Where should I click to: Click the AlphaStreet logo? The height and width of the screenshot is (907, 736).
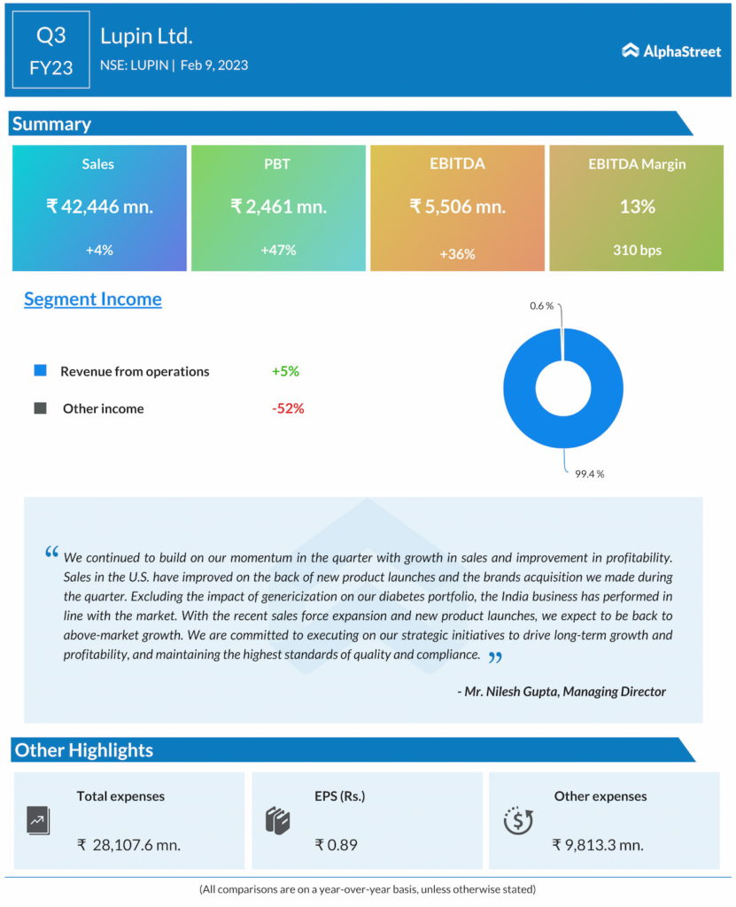pos(670,50)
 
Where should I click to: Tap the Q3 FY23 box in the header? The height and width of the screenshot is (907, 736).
pos(50,50)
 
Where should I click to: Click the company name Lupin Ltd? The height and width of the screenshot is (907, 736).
pos(146,36)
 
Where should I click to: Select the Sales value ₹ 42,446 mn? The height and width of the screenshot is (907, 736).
pos(99,206)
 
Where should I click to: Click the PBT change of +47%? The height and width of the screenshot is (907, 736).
pos(278,250)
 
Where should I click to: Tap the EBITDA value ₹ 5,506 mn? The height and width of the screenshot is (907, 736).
pos(457,206)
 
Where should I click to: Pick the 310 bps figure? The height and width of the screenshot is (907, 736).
pos(637,250)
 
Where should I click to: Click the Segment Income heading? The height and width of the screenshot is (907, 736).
pos(93,299)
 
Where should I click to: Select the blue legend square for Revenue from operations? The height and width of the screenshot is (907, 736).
pos(40,371)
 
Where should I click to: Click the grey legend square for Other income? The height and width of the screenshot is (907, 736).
pos(40,408)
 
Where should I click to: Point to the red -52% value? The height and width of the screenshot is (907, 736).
pos(288,408)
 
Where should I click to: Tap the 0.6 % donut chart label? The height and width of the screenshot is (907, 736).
pos(541,306)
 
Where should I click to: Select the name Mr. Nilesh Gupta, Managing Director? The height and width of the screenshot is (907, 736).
pos(562,691)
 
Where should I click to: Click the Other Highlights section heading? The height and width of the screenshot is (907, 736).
pos(84,750)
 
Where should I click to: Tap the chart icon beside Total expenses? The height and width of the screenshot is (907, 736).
pos(38,821)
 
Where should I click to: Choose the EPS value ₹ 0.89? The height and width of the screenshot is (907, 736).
pos(336,844)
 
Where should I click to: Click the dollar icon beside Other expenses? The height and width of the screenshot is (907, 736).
pos(517,821)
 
